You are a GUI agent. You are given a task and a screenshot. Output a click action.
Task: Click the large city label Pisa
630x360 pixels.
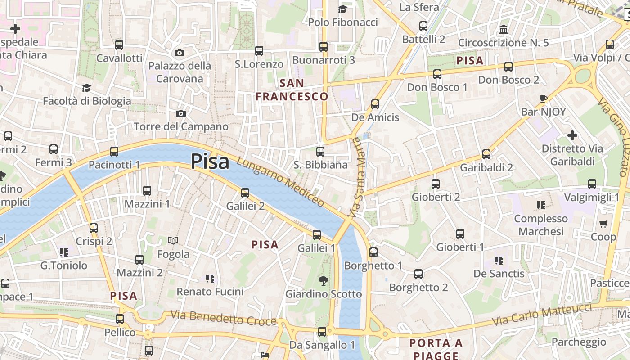click(x=210, y=162)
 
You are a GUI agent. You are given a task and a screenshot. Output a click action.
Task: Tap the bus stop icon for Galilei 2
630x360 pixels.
click(x=245, y=193)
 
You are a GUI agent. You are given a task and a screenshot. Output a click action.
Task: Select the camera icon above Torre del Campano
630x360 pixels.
click(x=181, y=113)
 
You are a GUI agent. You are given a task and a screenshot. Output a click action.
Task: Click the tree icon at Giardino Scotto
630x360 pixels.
click(x=323, y=281)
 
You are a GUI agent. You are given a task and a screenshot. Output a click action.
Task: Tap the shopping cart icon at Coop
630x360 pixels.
click(x=603, y=224)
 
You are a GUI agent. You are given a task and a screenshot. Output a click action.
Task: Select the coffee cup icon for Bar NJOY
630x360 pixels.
click(x=544, y=99)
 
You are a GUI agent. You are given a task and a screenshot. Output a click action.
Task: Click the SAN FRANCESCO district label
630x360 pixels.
click(x=292, y=90)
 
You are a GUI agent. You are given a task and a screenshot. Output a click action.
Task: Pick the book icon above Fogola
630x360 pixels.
click(x=173, y=241)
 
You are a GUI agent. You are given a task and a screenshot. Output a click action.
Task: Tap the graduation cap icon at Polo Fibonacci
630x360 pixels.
click(x=343, y=9)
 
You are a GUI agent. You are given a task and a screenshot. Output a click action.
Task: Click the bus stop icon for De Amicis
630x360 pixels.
click(x=375, y=104)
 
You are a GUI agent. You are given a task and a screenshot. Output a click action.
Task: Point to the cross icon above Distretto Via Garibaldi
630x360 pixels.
click(x=572, y=135)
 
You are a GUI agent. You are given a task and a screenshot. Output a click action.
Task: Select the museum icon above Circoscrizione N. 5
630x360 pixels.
click(x=504, y=30)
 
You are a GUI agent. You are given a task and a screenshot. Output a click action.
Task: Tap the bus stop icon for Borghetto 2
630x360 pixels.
click(x=418, y=274)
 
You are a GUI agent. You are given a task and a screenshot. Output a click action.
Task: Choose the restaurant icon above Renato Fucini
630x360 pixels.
click(x=210, y=279)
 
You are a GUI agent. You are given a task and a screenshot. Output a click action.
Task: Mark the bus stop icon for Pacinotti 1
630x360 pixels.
click(x=114, y=152)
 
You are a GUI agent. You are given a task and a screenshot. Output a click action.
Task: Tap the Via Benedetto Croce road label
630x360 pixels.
click(x=223, y=318)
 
